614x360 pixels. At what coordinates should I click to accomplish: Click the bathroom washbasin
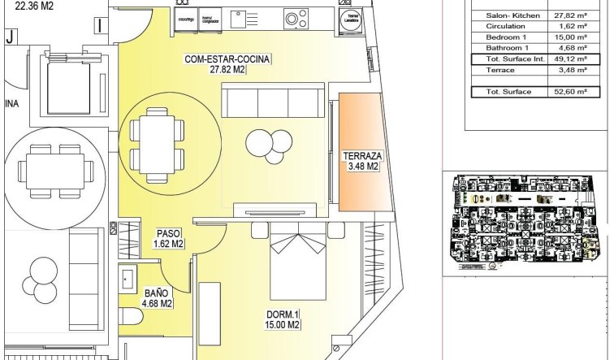[x=129, y=278]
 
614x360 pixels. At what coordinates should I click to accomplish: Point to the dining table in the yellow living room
[x=153, y=141]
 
